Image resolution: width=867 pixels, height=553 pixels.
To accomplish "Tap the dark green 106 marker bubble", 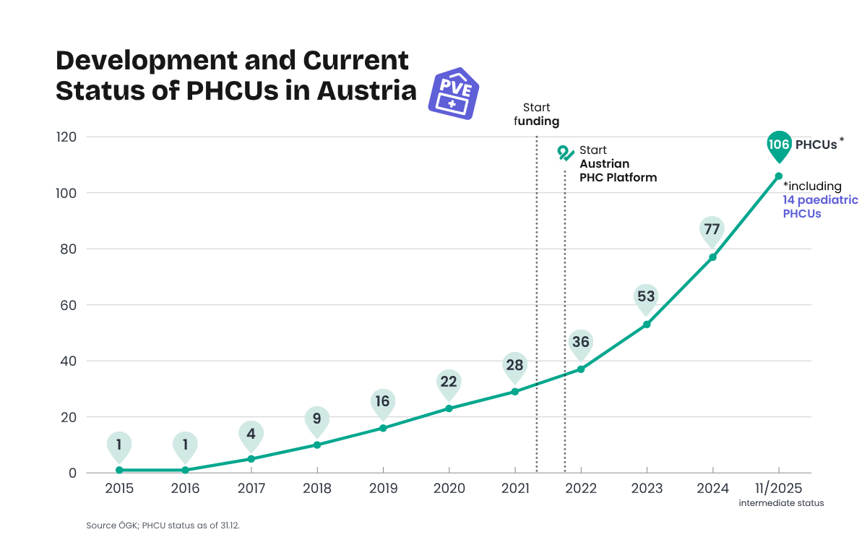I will [x=778, y=145].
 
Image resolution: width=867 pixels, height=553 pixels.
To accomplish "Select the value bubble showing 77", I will [x=712, y=230].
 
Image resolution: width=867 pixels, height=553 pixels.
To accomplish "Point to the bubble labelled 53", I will [x=646, y=297].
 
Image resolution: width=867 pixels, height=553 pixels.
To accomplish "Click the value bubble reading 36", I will [x=580, y=342].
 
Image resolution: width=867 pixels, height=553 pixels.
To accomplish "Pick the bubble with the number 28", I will [x=514, y=365].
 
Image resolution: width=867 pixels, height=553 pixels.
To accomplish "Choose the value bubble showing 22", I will [x=449, y=382].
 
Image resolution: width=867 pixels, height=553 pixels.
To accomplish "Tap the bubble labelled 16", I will [x=383, y=401].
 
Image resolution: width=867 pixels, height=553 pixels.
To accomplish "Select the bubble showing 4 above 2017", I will [x=251, y=434].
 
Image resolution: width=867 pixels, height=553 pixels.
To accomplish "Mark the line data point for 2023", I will [x=647, y=325].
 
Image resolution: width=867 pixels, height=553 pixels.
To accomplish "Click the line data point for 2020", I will [x=449, y=408].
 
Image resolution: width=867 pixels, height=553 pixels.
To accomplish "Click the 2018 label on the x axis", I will [x=316, y=489].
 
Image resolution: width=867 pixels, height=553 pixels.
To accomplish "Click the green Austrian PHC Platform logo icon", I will [x=566, y=153].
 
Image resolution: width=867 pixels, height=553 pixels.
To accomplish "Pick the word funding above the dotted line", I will [x=537, y=121].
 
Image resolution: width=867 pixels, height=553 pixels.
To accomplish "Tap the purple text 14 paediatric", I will [x=820, y=200].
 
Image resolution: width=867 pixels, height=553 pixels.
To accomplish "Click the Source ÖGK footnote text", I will [x=163, y=526].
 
